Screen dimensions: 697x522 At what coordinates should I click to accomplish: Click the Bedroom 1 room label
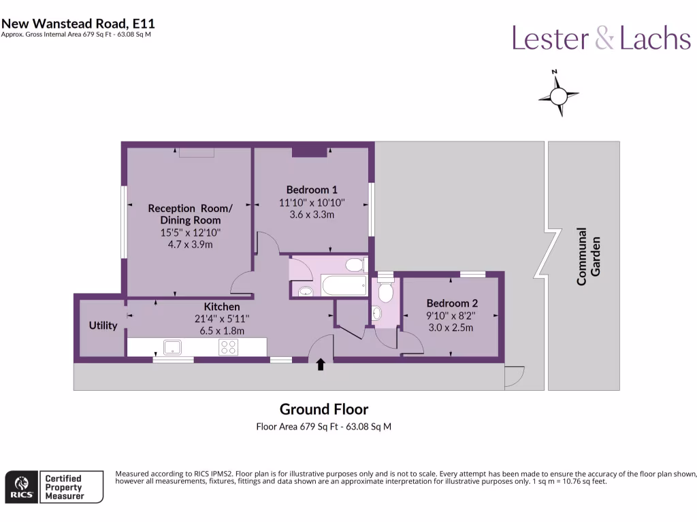[x=312, y=190]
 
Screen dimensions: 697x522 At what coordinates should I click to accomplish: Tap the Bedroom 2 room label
[x=452, y=303]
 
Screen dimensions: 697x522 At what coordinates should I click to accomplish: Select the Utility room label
[x=103, y=326]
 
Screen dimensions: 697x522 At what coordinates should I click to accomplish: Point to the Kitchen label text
[x=222, y=307]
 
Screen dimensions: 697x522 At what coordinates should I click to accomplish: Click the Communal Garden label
[x=588, y=256]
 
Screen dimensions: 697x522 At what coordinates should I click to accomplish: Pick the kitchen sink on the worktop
[x=172, y=347]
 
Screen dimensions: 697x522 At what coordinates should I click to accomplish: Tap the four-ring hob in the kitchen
[x=228, y=347]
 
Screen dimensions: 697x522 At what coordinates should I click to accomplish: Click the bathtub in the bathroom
[x=344, y=285]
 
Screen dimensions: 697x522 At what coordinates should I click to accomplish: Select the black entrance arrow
[x=321, y=364]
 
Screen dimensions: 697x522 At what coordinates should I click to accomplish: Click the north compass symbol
[x=558, y=94]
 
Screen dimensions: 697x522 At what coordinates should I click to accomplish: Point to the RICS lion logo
[x=22, y=487]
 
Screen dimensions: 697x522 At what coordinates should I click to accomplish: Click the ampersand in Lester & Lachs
[x=604, y=37]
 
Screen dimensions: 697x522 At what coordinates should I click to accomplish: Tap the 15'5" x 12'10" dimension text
[x=191, y=232]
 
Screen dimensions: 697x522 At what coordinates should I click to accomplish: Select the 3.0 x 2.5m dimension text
[x=451, y=328]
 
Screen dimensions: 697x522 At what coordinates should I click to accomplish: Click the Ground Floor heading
[x=324, y=408]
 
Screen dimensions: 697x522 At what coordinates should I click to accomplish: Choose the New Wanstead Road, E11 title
[x=78, y=23]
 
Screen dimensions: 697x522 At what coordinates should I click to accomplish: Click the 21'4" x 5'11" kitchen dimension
[x=222, y=319]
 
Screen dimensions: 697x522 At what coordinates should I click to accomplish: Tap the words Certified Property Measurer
[x=64, y=487]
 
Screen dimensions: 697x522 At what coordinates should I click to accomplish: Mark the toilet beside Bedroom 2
[x=385, y=291]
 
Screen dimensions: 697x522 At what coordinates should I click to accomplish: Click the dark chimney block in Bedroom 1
[x=310, y=152]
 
